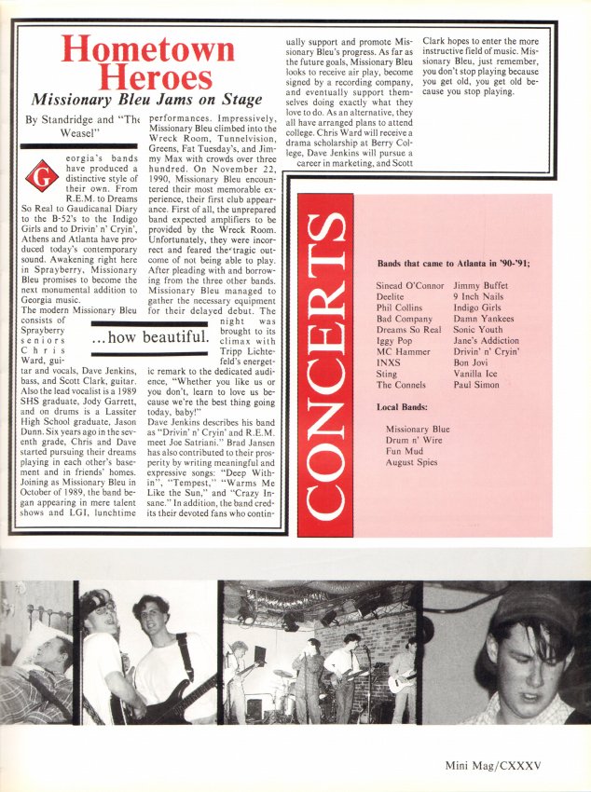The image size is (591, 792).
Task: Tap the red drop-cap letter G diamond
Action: [39, 173]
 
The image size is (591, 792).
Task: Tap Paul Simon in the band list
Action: [476, 384]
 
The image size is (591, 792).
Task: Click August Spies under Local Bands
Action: [412, 462]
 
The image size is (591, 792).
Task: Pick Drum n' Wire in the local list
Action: [413, 440]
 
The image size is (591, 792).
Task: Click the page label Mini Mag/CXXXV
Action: [502, 769]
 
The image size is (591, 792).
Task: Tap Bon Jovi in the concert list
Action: [473, 360]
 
